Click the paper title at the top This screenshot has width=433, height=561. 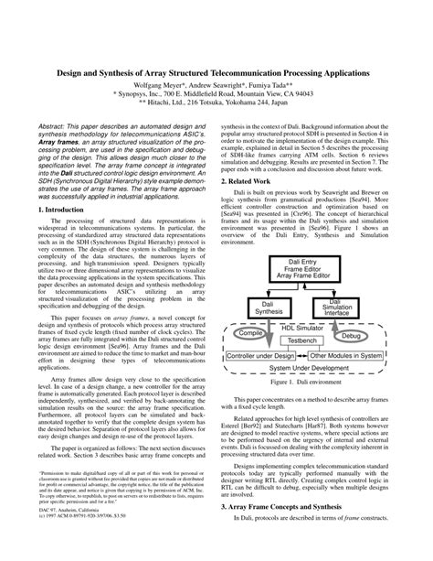pyautogui.click(x=216, y=70)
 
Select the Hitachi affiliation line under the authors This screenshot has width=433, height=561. pyautogui.click(x=216, y=104)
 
